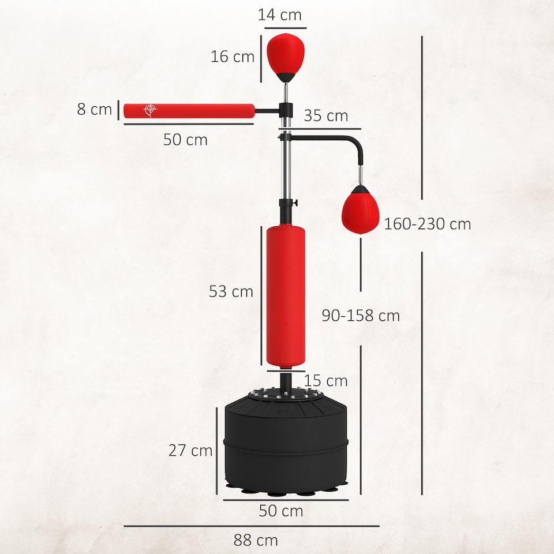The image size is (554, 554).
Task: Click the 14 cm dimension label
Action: point(280,15)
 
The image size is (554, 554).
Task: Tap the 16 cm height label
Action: point(233,57)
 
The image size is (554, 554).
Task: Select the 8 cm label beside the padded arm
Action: point(95,109)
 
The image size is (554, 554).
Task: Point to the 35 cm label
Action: point(326,116)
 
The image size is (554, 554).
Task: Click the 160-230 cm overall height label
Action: point(428,224)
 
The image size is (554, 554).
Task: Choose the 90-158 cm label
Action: point(361,316)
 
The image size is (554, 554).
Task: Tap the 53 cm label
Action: point(231,291)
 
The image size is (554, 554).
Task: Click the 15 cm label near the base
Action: point(325,381)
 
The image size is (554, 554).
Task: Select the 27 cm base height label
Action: point(190,451)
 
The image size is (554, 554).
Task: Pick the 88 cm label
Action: point(256,541)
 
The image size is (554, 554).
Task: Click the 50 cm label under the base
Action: point(281,511)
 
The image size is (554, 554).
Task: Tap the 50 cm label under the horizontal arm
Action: point(185,140)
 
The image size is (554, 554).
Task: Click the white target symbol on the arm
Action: point(151,110)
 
